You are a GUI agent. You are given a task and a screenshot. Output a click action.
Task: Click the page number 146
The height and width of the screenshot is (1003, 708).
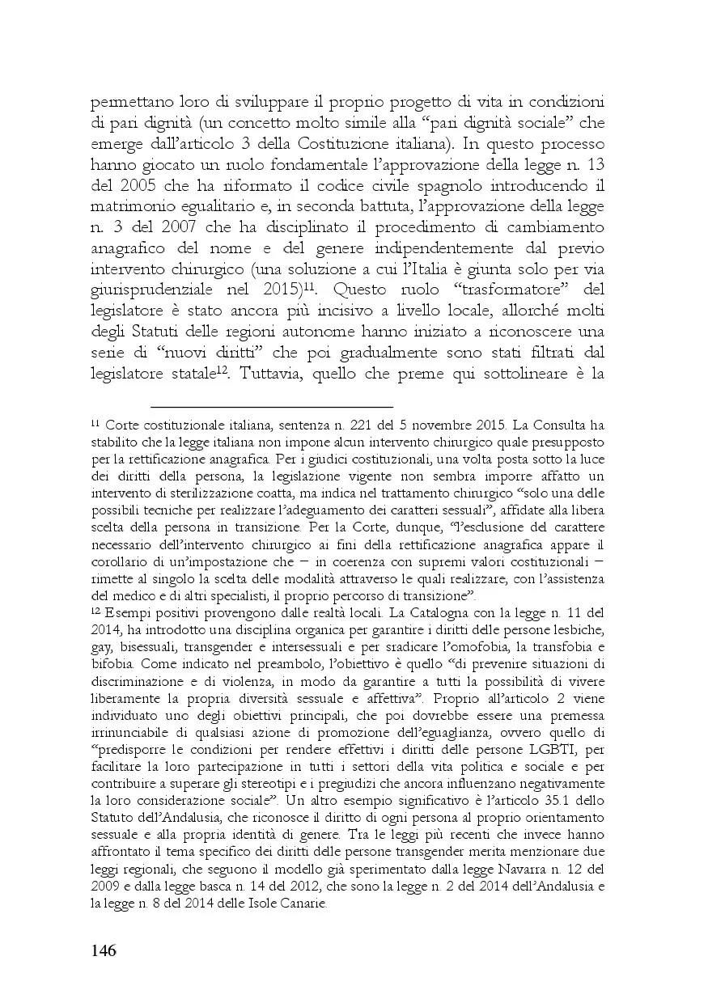[103, 950]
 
